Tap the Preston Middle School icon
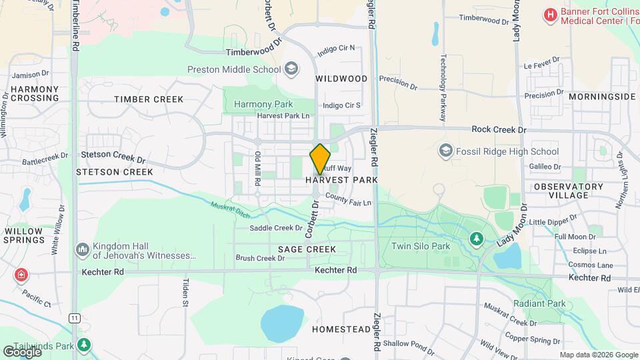[291, 69]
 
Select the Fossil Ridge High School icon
[445, 151]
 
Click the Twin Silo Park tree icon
[476, 237]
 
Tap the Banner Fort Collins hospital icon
[550, 15]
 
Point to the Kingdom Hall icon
[83, 249]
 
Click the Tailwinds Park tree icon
[83, 345]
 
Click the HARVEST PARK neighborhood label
[342, 180]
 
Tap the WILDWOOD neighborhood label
[341, 79]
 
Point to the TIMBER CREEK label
[149, 99]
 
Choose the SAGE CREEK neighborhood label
[307, 249]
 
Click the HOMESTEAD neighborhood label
[341, 329]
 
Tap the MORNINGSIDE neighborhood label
[603, 97]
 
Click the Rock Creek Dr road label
[499, 129]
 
